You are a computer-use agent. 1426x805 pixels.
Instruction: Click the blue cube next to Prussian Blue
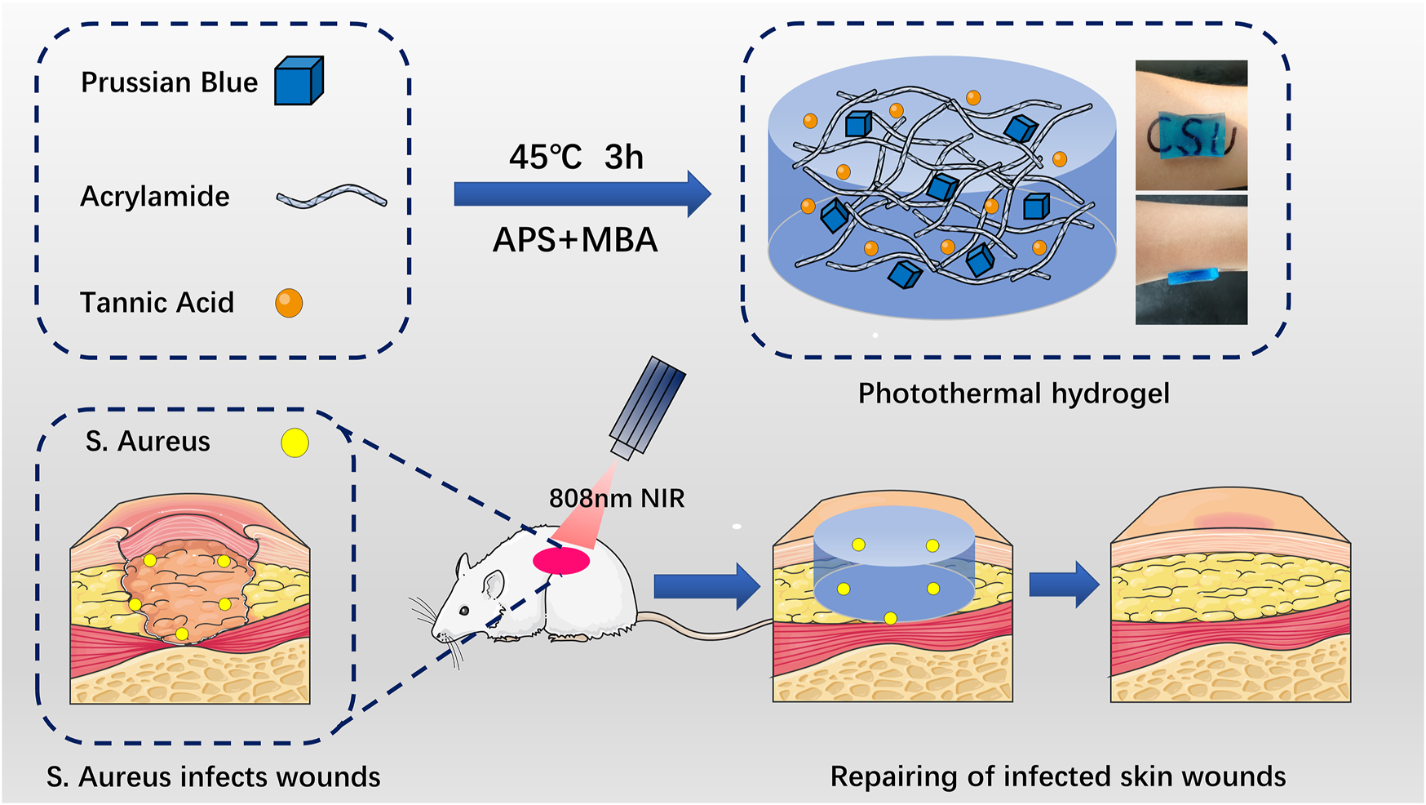click(299, 81)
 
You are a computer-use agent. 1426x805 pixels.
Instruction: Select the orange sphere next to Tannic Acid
click(289, 303)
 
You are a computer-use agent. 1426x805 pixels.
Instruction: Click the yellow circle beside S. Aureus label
click(294, 443)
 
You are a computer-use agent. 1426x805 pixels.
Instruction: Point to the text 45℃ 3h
click(576, 157)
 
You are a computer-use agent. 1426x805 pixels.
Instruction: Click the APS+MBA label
click(575, 240)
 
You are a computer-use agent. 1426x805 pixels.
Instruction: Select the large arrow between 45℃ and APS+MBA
click(582, 194)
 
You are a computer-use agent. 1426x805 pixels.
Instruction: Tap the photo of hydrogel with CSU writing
click(1191, 125)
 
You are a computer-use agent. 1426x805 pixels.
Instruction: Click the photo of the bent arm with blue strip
click(1191, 260)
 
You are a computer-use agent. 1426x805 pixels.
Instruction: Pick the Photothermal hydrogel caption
click(1013, 394)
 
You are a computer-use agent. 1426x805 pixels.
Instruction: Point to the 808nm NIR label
click(617, 498)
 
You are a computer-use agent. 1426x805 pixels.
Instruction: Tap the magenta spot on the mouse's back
click(561, 561)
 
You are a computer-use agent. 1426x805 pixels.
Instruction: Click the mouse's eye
click(464, 610)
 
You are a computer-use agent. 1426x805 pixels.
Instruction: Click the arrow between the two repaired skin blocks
click(1064, 585)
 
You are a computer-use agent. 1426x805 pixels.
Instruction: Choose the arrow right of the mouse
click(707, 585)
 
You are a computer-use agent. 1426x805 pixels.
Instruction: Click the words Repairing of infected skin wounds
click(1058, 776)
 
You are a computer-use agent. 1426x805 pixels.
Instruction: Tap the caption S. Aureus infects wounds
click(214, 777)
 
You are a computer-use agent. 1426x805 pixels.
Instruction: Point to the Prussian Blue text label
click(170, 82)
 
